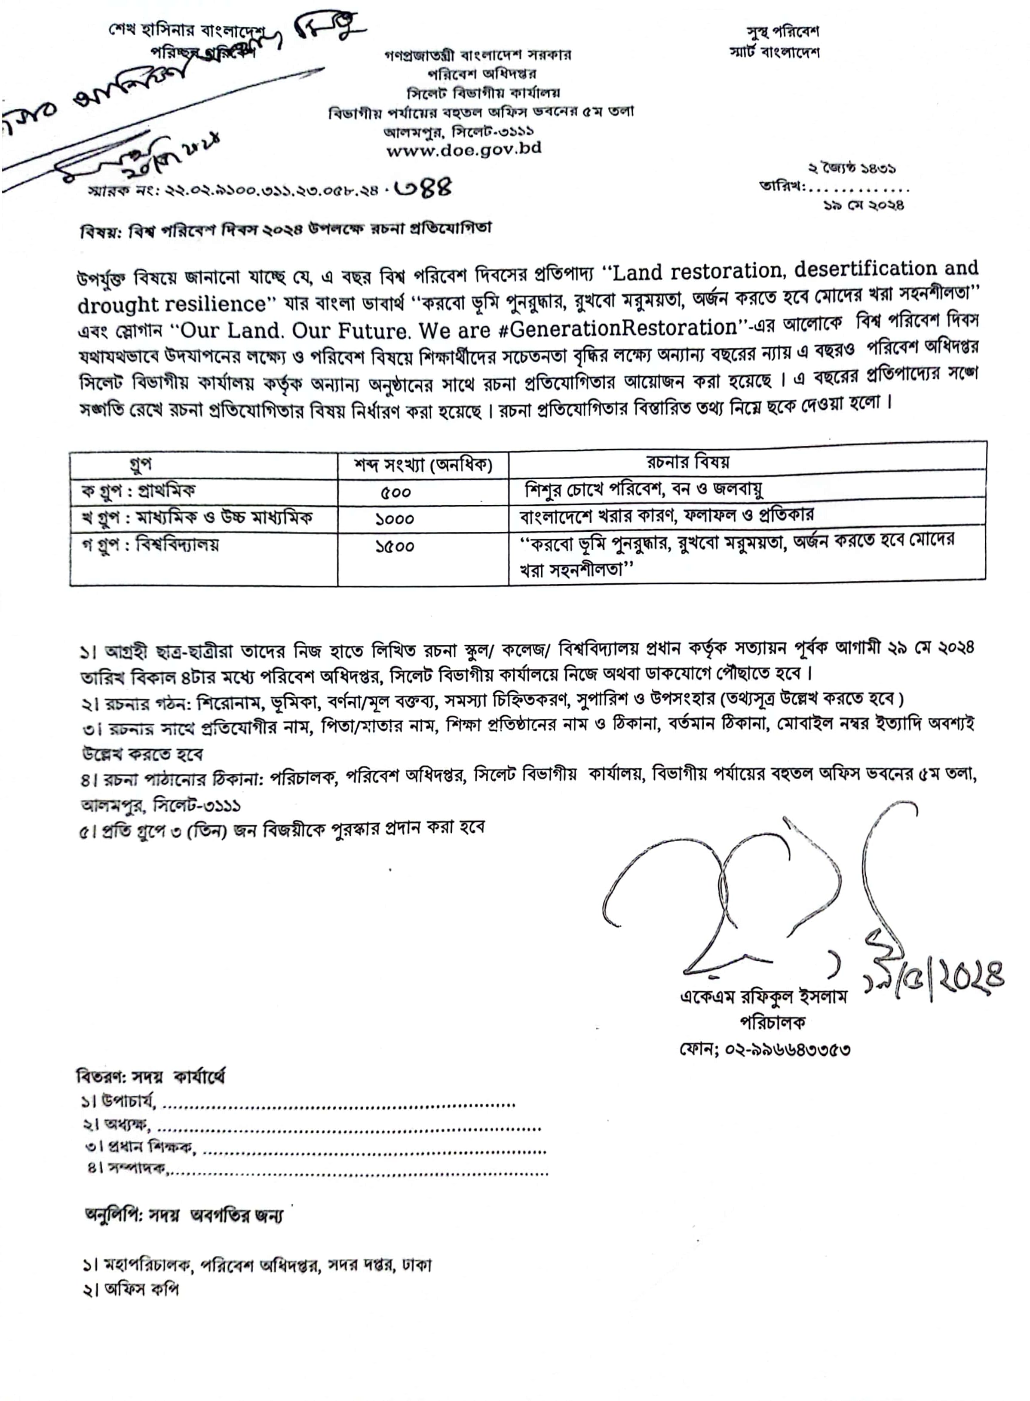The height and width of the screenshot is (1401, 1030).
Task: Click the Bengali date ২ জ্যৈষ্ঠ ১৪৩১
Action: tap(852, 169)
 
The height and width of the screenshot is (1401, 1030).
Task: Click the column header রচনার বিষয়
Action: tap(688, 462)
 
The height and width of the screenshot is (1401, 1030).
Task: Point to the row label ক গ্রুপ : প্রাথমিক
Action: tap(138, 491)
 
